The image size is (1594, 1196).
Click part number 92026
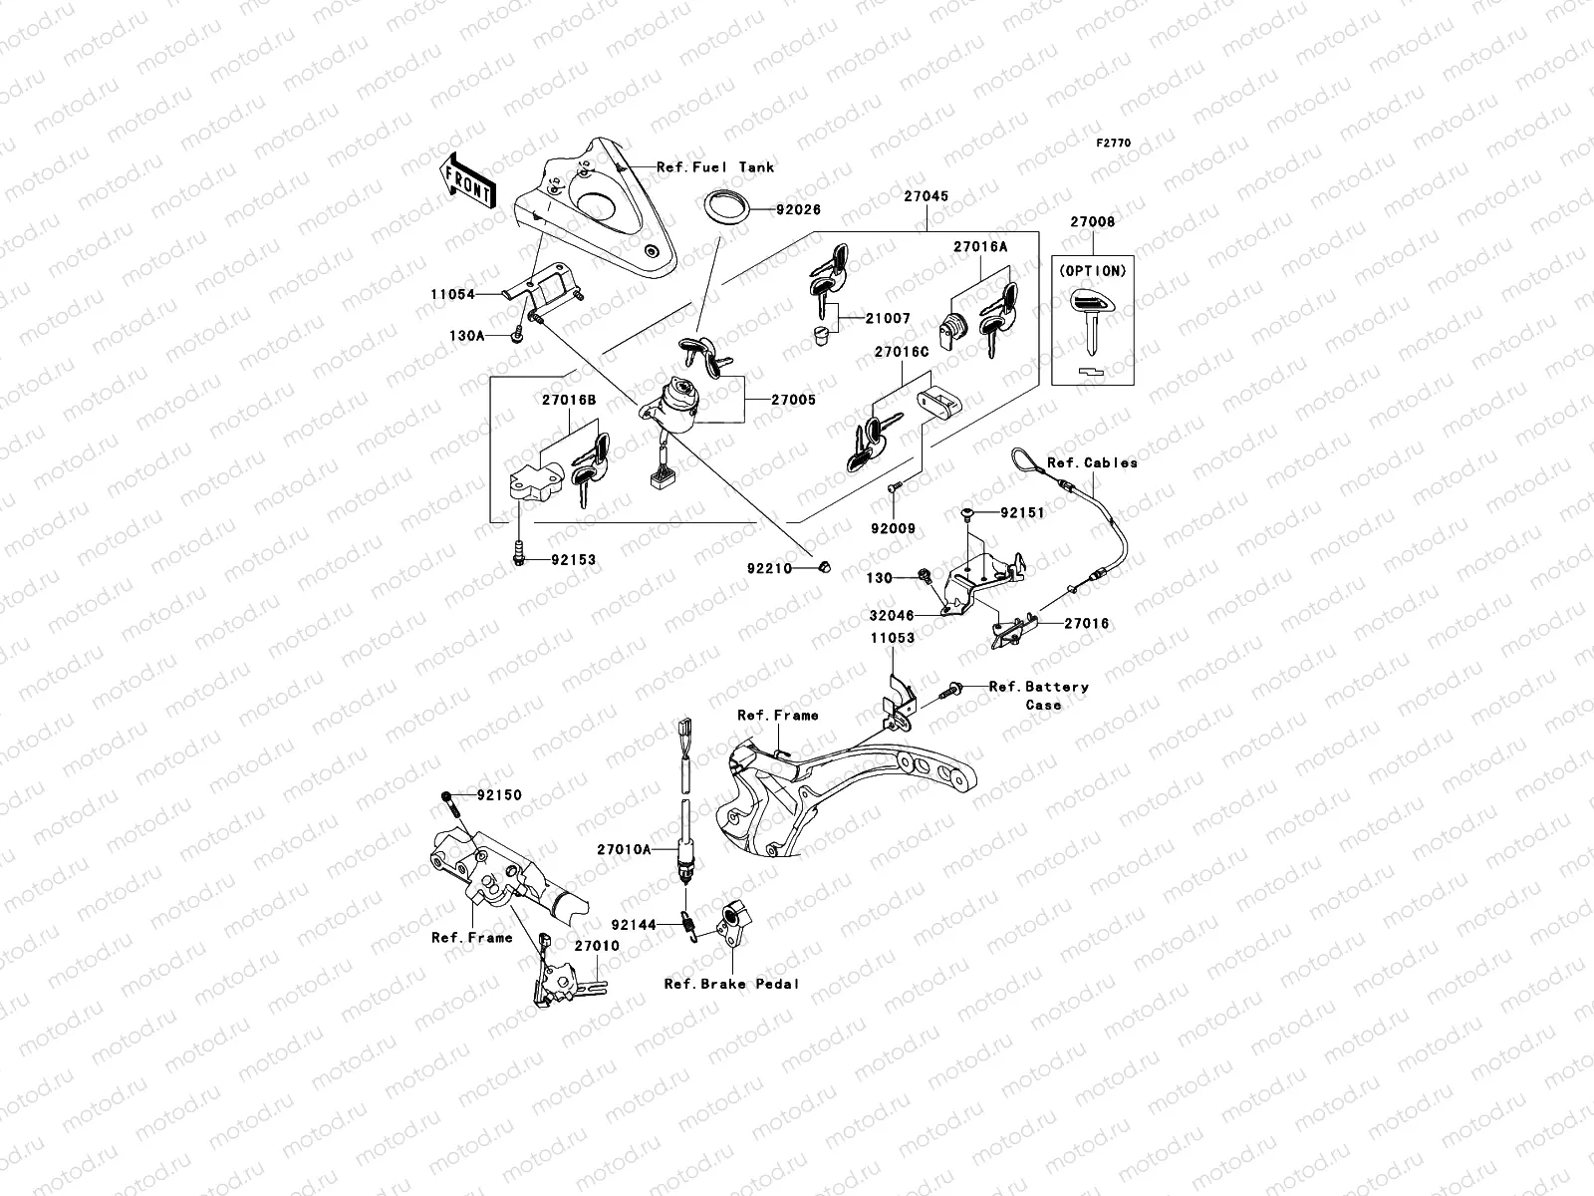(x=780, y=210)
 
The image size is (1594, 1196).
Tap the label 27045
(x=926, y=197)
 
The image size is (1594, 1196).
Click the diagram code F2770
(x=1114, y=144)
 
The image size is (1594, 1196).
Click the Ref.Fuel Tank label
(x=714, y=167)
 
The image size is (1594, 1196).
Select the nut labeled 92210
(x=824, y=566)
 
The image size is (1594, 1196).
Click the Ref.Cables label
(x=1092, y=462)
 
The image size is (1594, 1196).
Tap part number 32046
(x=890, y=616)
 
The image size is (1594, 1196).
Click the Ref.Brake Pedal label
(x=732, y=984)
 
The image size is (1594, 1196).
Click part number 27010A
(x=625, y=849)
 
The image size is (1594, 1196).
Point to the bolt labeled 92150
(x=449, y=800)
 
